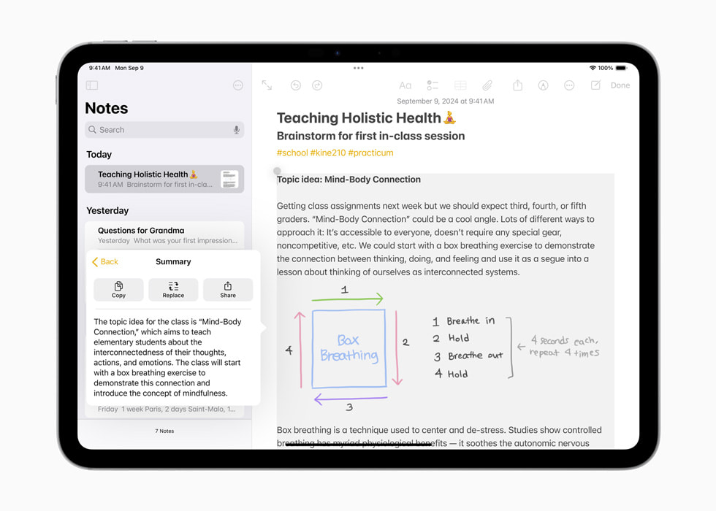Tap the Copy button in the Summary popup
click(118, 289)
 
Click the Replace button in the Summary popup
click(173, 289)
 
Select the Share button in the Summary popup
click(228, 289)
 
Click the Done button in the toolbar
click(620, 85)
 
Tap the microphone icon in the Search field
click(236, 130)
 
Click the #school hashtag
click(292, 153)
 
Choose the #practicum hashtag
click(370, 153)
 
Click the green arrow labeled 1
click(347, 299)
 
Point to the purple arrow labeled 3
click(350, 399)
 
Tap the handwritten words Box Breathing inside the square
click(349, 348)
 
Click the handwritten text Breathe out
click(475, 356)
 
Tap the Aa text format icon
click(405, 85)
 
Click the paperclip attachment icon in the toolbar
click(487, 85)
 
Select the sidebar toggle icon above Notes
click(92, 85)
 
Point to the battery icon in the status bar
click(621, 68)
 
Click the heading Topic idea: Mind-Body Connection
click(349, 180)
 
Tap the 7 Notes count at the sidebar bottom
click(164, 431)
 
